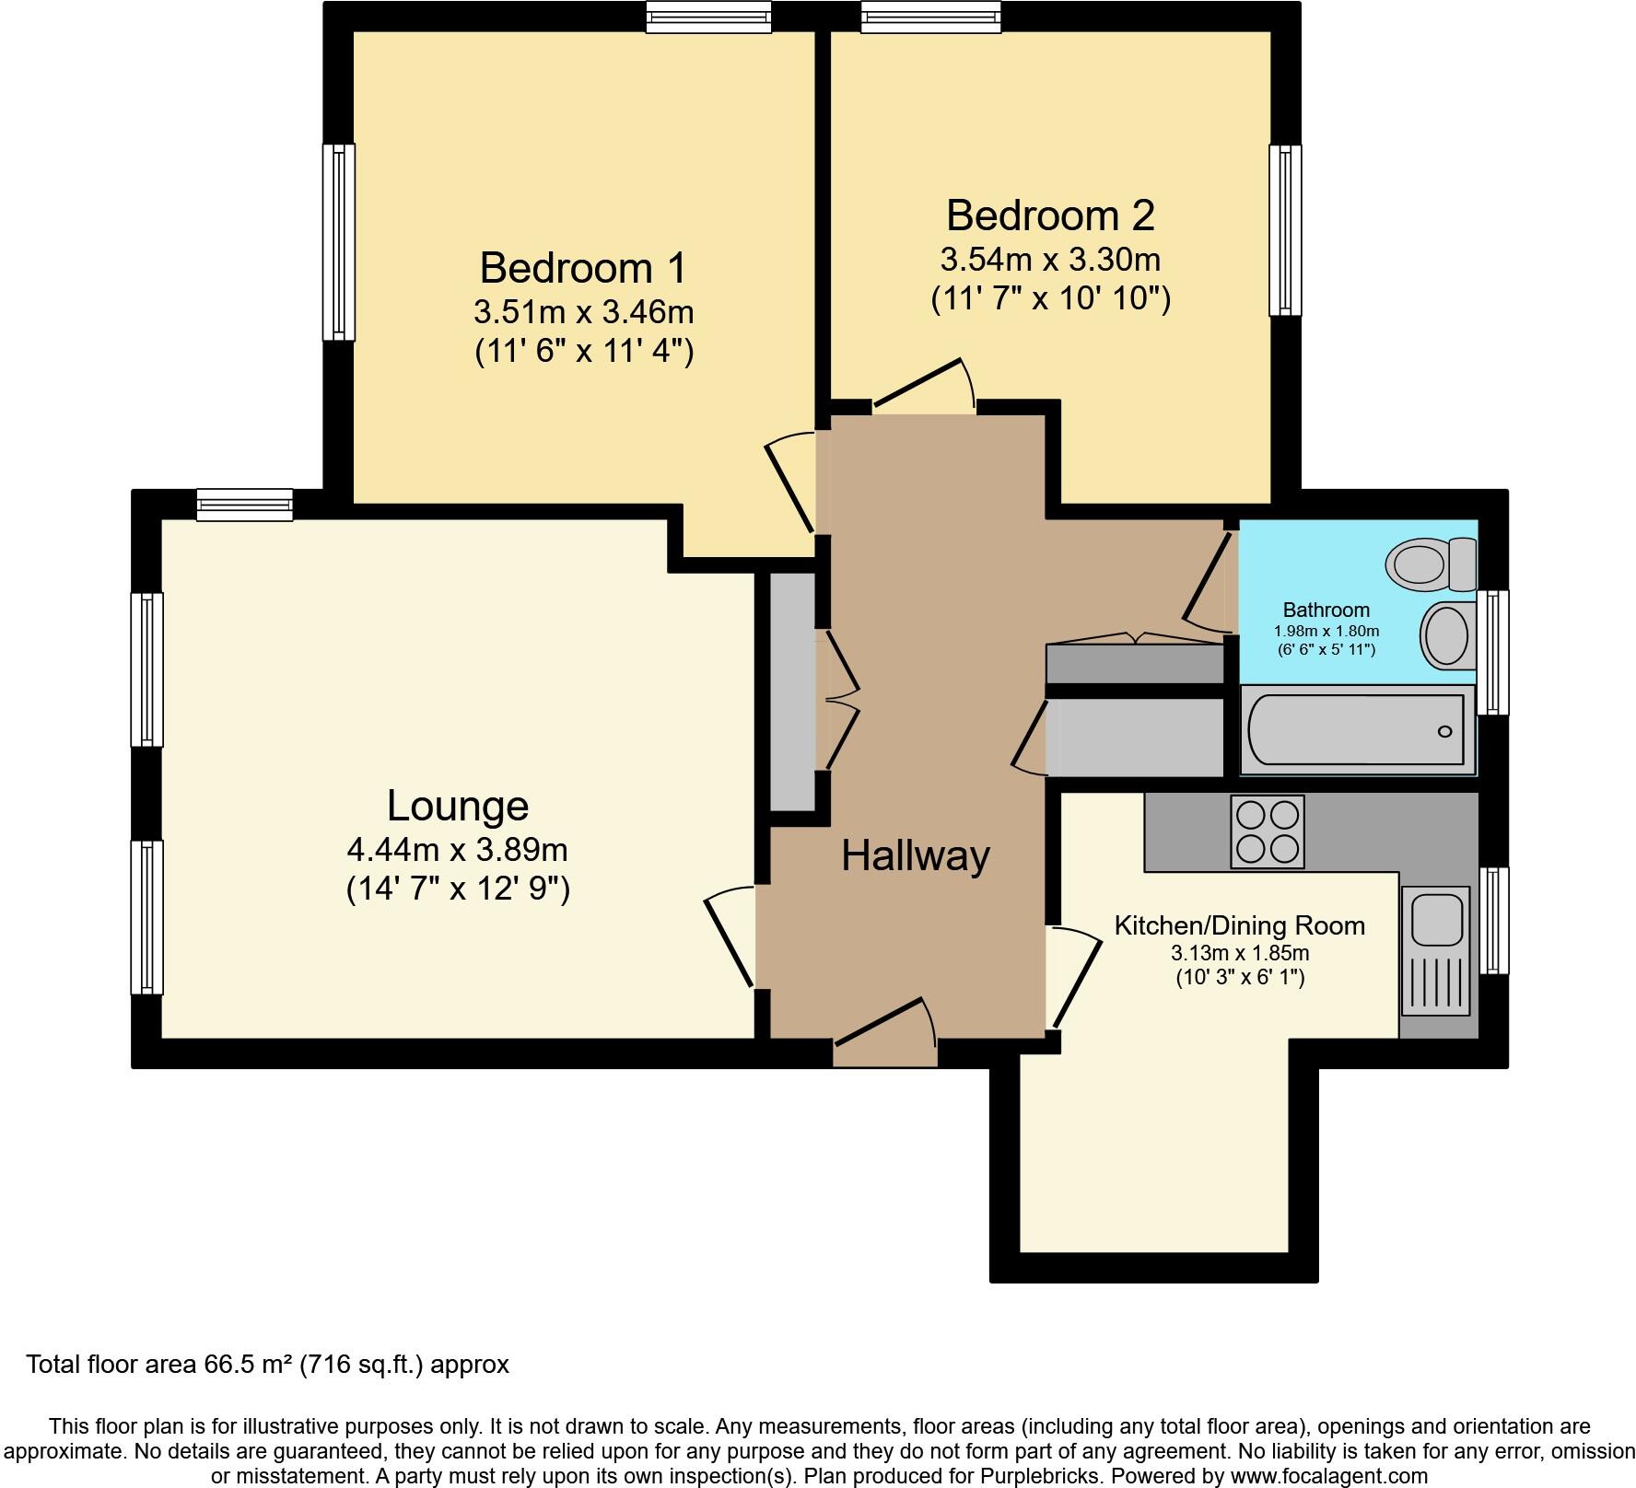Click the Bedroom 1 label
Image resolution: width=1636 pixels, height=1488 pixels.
pos(583,268)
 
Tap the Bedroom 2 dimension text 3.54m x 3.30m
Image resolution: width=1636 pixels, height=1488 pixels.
pos(1049,260)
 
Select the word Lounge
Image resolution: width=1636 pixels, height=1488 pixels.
pos(457,806)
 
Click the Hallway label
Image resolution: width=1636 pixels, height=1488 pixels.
pos(915,855)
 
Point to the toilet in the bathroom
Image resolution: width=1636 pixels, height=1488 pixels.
pos(1431,564)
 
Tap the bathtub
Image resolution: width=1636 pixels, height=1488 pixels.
pos(1353,730)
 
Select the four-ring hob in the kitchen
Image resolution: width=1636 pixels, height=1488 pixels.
pos(1268,831)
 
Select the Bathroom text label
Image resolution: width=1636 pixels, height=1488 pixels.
pos(1326,610)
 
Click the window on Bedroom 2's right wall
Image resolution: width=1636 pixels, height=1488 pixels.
pos(1285,230)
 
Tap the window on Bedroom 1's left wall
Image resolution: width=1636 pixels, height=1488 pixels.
pos(338,241)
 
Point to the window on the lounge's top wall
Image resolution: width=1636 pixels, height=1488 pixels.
pos(245,506)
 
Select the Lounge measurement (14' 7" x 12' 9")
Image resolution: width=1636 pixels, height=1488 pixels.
pos(458,889)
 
